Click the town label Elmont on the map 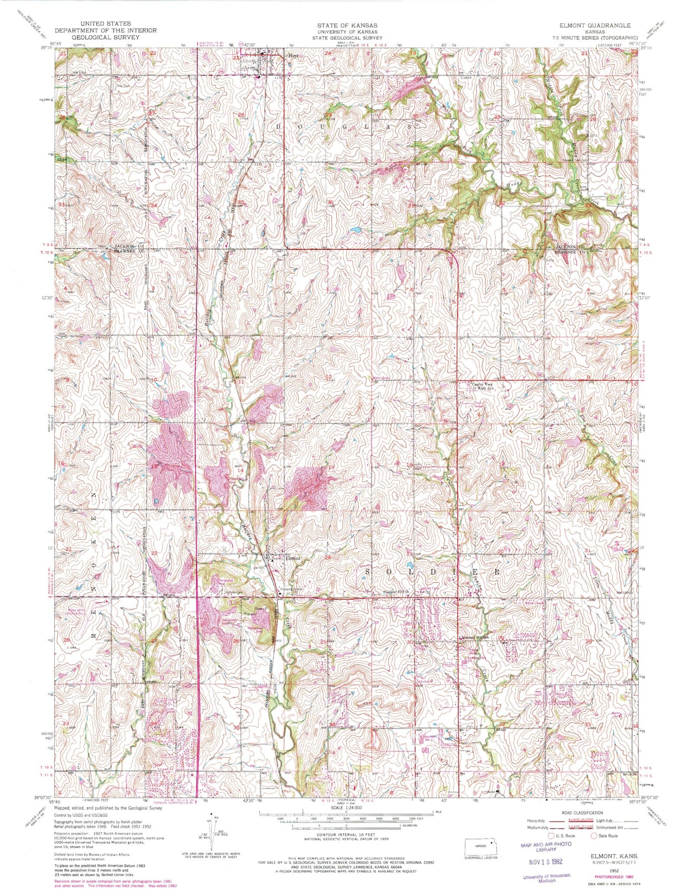pos(292,559)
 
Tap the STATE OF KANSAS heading pos(347,25)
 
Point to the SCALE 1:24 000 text pos(346,808)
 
